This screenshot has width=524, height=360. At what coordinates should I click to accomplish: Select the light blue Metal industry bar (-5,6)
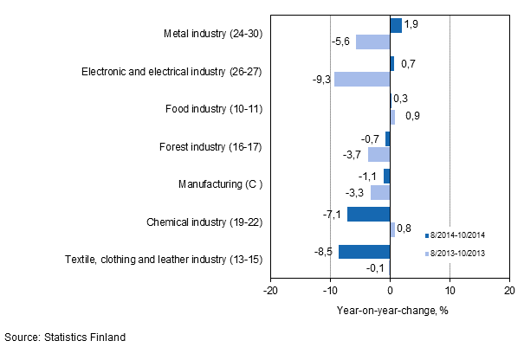[x=373, y=42]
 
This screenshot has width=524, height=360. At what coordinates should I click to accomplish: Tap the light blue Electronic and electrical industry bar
[x=362, y=79]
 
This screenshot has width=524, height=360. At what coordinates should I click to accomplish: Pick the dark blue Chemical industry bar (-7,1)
[x=369, y=214]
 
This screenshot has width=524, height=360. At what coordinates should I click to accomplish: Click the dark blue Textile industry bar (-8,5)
[x=365, y=252]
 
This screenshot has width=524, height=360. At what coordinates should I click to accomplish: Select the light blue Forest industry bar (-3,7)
[x=378, y=154]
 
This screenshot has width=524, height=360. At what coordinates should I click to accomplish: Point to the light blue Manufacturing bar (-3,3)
[x=380, y=192]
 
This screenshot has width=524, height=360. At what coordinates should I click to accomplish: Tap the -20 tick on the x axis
[x=270, y=292]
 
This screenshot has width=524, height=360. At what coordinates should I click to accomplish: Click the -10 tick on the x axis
[x=330, y=292]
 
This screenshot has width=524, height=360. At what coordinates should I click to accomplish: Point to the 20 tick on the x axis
[x=509, y=292]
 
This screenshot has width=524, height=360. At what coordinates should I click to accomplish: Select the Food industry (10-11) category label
[x=213, y=109]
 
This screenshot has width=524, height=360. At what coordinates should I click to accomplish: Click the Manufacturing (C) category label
[x=219, y=184]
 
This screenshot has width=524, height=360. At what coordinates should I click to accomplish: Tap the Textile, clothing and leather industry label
[x=164, y=260]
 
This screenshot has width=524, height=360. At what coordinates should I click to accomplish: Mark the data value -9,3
[x=321, y=80]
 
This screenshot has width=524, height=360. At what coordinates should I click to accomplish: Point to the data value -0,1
[x=377, y=268]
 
